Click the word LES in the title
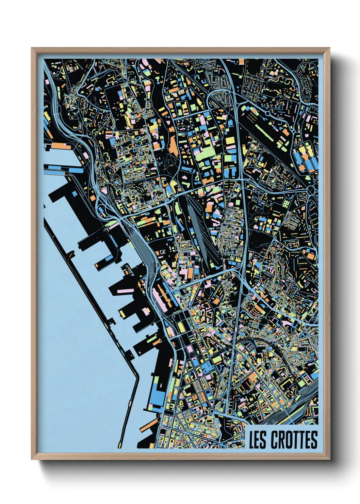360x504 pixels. pyautogui.click(x=257, y=440)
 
